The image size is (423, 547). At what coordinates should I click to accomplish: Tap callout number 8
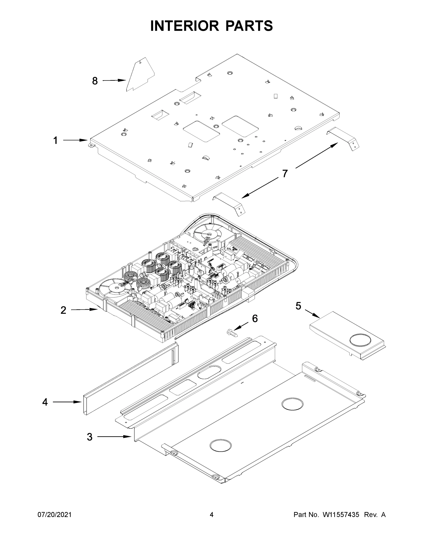point(95,81)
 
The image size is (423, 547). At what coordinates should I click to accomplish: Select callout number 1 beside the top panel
point(55,140)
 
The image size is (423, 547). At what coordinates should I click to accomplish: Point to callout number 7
point(285,174)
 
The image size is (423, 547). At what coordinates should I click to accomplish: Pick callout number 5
point(298,306)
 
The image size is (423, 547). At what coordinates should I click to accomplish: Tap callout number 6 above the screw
point(255,319)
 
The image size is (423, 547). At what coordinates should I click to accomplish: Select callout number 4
point(45,402)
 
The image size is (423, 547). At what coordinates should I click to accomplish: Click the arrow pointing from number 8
point(114,80)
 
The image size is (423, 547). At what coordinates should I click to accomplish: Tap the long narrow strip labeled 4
point(130,379)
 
